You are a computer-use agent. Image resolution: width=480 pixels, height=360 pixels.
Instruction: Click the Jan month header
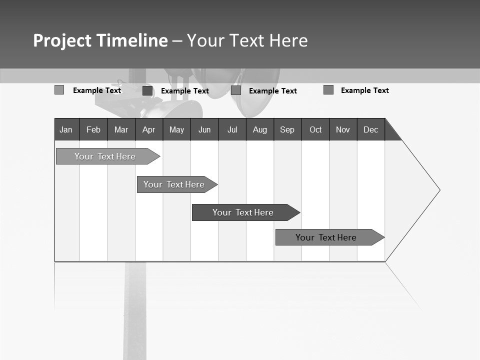click(x=66, y=129)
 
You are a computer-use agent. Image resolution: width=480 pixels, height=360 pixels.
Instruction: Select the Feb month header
click(x=93, y=129)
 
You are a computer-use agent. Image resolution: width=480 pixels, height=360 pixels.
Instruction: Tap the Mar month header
click(x=121, y=129)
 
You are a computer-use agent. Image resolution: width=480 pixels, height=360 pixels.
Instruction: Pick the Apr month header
click(x=148, y=129)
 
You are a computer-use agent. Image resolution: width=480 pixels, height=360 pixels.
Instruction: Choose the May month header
click(x=176, y=129)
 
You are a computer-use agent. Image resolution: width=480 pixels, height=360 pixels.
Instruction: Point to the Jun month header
click(x=204, y=129)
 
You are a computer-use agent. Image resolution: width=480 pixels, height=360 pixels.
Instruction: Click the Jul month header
click(x=232, y=129)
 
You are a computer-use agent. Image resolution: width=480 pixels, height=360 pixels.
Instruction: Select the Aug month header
click(x=260, y=129)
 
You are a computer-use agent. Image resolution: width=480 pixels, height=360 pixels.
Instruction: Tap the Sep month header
click(x=287, y=129)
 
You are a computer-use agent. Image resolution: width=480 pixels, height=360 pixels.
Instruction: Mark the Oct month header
click(x=315, y=129)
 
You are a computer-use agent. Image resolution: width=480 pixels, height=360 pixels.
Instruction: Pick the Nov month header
click(x=343, y=129)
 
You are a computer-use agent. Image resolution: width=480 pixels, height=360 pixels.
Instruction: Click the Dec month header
click(x=371, y=129)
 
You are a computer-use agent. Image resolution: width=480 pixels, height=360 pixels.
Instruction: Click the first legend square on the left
click(x=59, y=90)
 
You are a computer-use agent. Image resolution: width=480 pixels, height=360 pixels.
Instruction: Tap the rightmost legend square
click(x=328, y=90)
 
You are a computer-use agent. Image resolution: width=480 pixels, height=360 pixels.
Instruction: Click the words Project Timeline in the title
click(x=100, y=40)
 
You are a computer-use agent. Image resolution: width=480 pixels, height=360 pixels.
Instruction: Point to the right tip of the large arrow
click(x=439, y=190)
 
